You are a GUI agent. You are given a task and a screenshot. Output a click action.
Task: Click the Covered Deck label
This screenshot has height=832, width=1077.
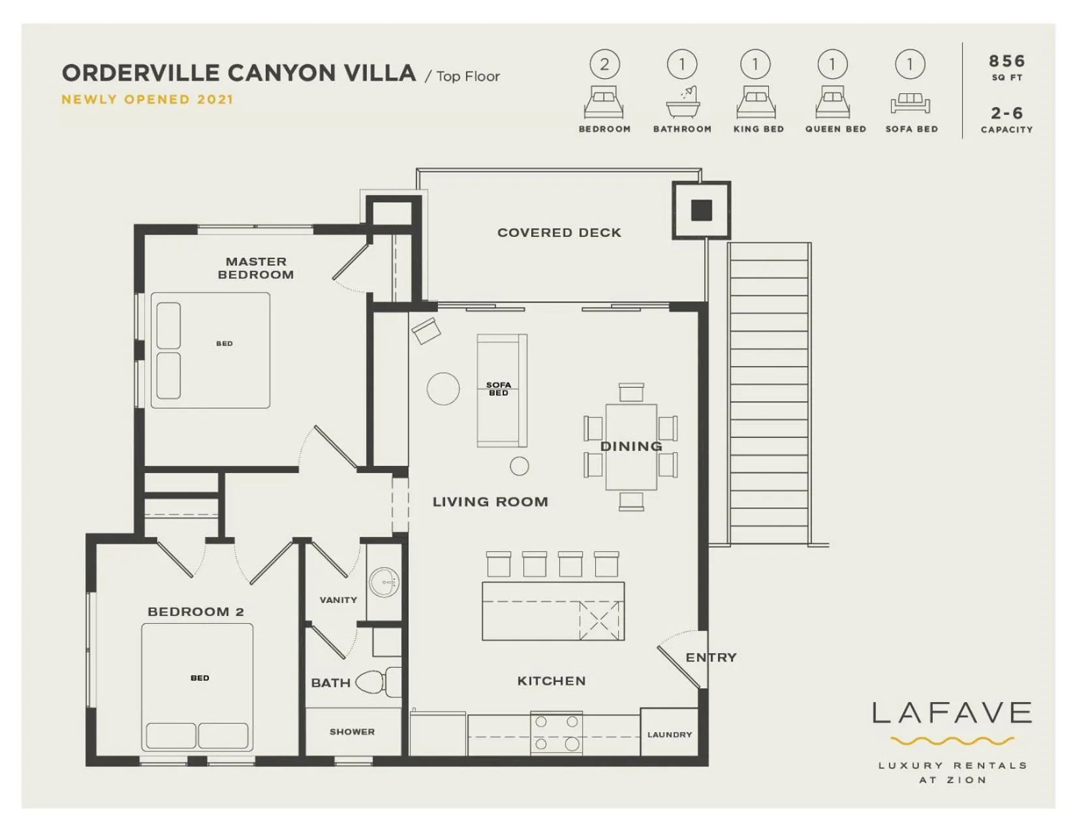(559, 233)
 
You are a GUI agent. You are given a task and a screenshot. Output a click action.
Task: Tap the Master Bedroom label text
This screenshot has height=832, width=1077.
(256, 268)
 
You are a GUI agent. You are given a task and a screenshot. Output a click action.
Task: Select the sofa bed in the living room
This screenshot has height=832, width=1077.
(501, 390)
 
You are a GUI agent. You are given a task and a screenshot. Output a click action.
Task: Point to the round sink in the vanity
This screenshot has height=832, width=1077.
(384, 581)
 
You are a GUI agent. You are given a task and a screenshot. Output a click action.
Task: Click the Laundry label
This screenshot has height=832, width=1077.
(669, 735)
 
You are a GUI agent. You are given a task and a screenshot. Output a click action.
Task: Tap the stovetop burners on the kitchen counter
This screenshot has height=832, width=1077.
(556, 732)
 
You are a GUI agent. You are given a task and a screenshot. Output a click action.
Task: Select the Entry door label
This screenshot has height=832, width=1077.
(711, 658)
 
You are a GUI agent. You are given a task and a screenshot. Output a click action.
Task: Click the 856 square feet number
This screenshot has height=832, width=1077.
(1007, 61)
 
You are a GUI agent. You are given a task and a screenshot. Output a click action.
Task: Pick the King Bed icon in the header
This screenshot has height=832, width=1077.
(756, 102)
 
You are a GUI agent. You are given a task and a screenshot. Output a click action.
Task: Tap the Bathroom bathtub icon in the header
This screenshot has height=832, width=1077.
(683, 102)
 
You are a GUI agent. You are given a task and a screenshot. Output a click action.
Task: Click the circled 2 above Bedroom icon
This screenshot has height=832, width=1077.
(604, 65)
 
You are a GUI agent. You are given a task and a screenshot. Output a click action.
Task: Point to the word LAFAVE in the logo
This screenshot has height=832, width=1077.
(952, 713)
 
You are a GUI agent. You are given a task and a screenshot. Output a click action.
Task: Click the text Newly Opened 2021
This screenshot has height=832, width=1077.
(147, 100)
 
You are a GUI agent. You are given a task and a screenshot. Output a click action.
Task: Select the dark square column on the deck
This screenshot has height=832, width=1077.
(702, 210)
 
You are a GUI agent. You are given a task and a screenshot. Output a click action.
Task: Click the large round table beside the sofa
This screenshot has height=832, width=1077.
(443, 389)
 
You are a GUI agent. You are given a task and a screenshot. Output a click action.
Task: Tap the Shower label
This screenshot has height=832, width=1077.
(352, 732)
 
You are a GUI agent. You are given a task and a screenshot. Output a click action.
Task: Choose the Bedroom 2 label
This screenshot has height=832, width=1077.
(195, 612)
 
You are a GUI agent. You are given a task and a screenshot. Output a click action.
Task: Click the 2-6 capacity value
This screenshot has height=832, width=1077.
(1007, 114)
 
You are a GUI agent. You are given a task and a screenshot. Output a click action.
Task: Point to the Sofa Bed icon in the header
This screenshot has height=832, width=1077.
(910, 103)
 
